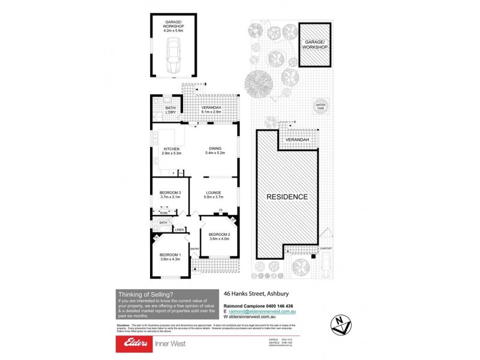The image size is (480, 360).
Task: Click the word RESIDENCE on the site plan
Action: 287,197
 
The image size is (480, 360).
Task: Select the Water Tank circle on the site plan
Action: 320,106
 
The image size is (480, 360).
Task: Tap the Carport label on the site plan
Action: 325,248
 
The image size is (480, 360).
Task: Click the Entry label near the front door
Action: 195,249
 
